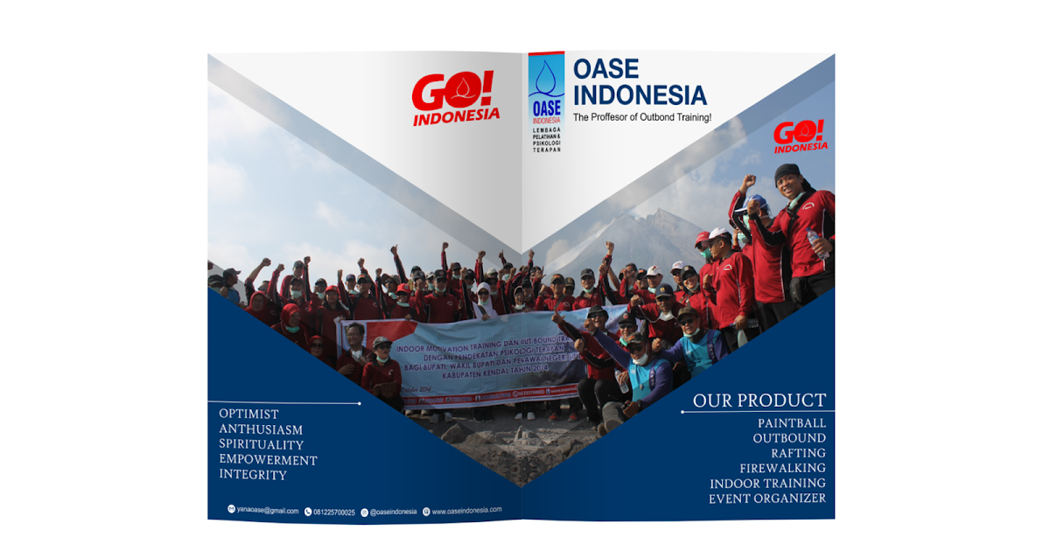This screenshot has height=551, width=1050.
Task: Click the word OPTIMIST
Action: click(249, 414)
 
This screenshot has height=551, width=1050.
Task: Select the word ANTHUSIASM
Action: click(261, 429)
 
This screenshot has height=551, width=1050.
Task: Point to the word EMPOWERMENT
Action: click(268, 460)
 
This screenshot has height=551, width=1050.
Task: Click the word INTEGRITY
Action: click(253, 475)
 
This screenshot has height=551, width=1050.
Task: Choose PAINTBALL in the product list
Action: click(791, 423)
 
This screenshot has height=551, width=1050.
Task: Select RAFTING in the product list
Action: click(798, 453)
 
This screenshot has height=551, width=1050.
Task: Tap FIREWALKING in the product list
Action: click(782, 468)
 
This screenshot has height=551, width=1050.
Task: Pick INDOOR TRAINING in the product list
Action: click(767, 483)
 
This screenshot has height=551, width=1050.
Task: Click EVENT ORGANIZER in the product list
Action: click(766, 499)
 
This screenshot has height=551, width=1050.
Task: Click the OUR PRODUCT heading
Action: click(759, 401)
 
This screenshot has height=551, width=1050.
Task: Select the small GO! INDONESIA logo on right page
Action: click(800, 136)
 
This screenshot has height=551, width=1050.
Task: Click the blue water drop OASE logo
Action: click(546, 92)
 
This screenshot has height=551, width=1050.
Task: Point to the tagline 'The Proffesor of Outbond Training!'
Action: click(641, 117)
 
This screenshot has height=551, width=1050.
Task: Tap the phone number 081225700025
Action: click(334, 512)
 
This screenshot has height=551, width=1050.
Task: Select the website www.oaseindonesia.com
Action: click(466, 510)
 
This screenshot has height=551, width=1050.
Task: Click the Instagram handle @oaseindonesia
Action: click(393, 512)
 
